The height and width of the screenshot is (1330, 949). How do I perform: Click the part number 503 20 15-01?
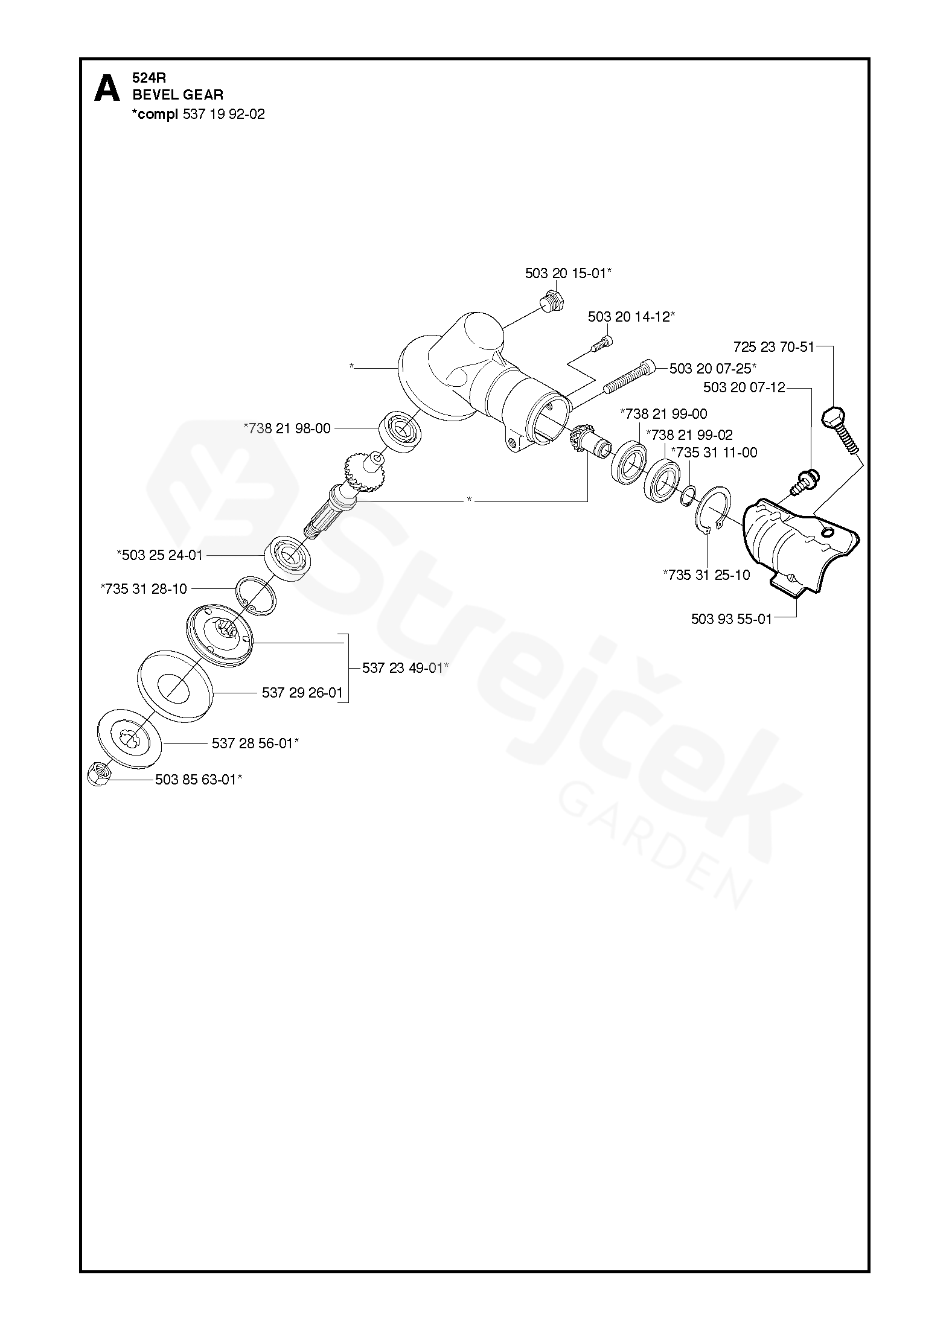point(567,273)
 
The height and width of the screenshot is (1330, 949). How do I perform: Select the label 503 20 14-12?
point(631,317)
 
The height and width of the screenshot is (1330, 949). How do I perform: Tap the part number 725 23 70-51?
point(773,347)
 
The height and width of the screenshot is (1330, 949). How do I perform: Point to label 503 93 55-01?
point(731,619)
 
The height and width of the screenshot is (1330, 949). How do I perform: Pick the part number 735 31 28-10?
point(144,588)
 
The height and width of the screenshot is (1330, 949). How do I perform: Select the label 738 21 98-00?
point(287,428)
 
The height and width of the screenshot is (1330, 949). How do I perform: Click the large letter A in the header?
point(107,89)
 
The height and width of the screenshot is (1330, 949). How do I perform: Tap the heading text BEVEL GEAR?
point(178,95)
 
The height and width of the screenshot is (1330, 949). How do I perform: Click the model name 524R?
point(149,78)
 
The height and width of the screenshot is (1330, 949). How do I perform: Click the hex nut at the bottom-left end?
point(98,774)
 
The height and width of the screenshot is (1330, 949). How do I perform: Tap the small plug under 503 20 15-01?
point(551,301)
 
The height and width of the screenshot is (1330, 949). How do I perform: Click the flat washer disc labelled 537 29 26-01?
point(176,685)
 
